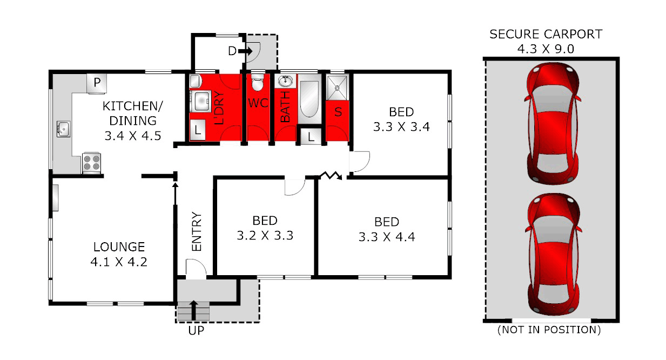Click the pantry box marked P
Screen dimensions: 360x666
97,83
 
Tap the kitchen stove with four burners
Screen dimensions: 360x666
92,163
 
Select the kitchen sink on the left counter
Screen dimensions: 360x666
63,130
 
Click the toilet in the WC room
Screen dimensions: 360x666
258,84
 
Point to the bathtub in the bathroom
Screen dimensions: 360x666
310,100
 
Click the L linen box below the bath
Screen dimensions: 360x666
311,136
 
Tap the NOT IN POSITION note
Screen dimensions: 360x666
549,329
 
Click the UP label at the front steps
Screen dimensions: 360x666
196,330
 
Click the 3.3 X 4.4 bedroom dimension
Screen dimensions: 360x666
387,236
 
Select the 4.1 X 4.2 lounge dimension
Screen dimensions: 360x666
119,262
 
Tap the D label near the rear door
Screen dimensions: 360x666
232,51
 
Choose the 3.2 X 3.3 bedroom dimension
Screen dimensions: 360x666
265,236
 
